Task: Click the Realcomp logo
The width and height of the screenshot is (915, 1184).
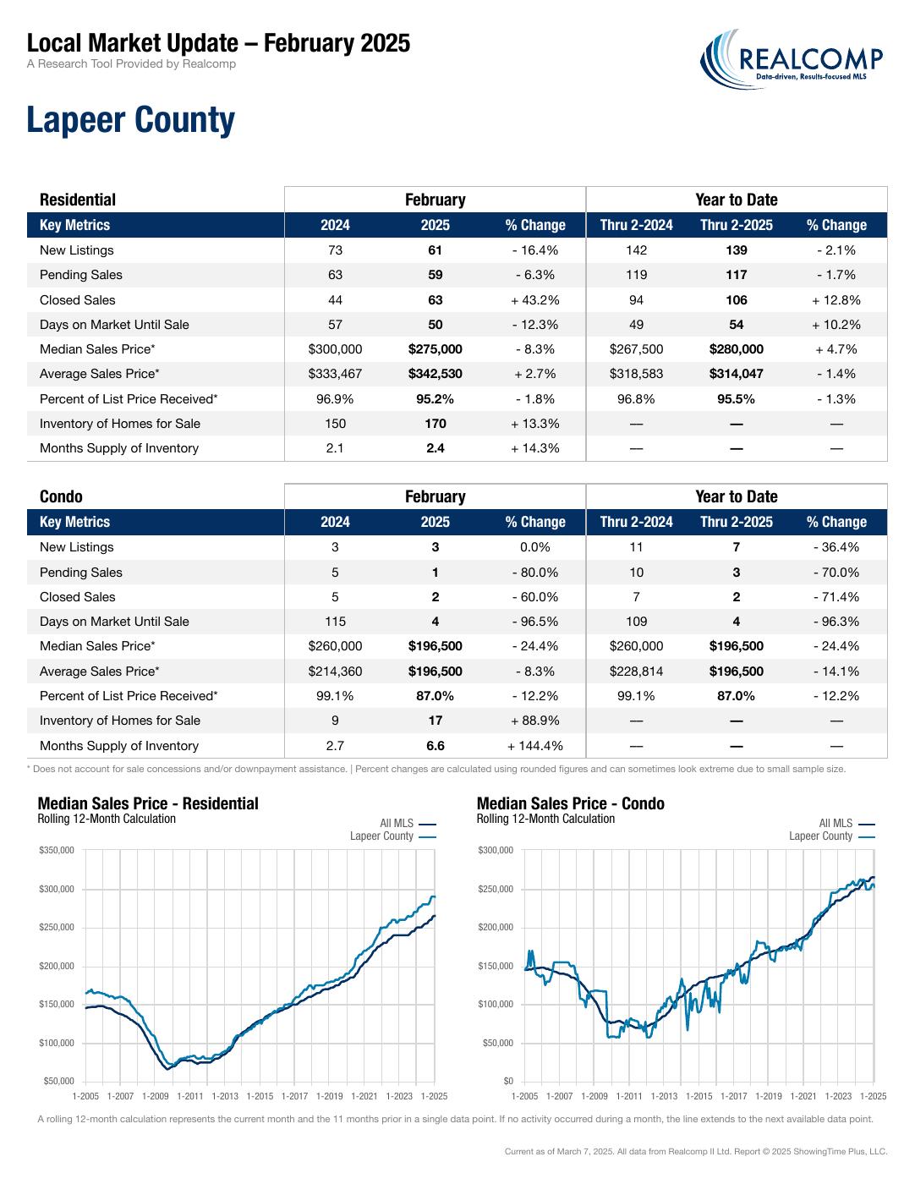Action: click(791, 59)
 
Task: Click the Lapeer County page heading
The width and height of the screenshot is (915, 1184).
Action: click(131, 120)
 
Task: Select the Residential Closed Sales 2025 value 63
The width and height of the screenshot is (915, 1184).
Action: click(436, 300)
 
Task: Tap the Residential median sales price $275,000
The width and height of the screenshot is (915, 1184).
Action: click(436, 349)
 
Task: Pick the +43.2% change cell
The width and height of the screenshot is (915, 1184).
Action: click(534, 300)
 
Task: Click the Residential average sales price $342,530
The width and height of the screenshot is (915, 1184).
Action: click(436, 374)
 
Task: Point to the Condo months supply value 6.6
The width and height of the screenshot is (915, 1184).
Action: click(436, 745)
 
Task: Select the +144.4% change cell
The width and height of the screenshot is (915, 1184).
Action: click(534, 745)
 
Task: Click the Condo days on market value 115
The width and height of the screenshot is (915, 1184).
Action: click(335, 622)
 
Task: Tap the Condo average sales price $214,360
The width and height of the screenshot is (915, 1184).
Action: click(335, 671)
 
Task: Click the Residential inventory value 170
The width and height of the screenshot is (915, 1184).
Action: click(436, 424)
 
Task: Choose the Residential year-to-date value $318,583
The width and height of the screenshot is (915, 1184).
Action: click(636, 374)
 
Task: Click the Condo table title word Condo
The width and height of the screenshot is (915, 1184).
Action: click(61, 496)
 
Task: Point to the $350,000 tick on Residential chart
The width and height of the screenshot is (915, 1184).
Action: click(57, 849)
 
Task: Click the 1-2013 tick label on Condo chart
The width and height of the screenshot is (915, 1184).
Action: click(664, 1096)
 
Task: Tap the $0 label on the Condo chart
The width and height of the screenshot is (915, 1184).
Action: click(507, 1081)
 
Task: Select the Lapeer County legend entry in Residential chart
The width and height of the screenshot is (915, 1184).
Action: click(392, 836)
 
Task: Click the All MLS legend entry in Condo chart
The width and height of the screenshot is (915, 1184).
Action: click(847, 823)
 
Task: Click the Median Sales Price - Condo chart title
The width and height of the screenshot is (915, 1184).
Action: click(570, 803)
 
